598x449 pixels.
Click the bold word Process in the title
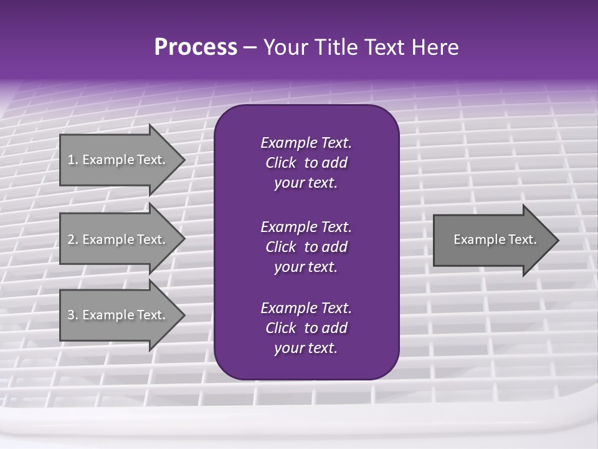tap(196, 47)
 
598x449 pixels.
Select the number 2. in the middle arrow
tap(73, 239)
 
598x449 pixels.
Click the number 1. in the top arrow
tap(72, 160)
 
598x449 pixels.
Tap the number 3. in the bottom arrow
tap(73, 315)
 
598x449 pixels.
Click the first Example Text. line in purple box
tap(306, 143)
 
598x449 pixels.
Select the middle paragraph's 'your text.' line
tap(306, 267)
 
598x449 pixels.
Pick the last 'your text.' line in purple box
tap(306, 348)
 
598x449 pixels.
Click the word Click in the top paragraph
tap(281, 163)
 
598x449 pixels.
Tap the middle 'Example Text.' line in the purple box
tap(306, 226)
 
